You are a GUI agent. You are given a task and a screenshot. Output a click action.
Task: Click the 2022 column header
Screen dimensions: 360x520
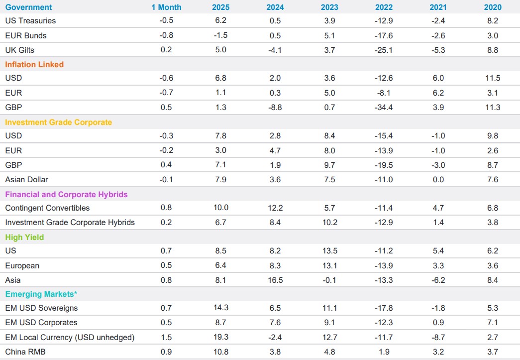tap(384, 7)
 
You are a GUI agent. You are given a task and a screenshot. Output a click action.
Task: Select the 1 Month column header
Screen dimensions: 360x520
tap(166, 7)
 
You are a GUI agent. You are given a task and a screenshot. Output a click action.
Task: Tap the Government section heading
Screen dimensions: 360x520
tap(28, 7)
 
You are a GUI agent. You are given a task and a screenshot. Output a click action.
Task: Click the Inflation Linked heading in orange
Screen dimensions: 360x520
tap(34, 64)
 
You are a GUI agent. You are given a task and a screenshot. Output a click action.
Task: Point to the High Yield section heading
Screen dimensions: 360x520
tap(24, 237)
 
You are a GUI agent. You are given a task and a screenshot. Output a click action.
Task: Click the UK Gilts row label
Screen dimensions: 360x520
tap(19, 50)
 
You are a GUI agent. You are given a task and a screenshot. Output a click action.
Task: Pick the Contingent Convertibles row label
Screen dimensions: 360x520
tap(47, 208)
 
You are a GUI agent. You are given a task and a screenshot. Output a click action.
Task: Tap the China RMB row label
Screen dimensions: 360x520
tap(25, 352)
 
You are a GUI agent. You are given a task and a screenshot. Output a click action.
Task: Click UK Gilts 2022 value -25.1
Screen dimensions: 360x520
tap(384, 50)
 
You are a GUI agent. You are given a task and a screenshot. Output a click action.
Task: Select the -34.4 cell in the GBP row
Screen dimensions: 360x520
tap(384, 107)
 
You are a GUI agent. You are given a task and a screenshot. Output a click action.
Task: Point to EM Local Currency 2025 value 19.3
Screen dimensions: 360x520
tap(220, 337)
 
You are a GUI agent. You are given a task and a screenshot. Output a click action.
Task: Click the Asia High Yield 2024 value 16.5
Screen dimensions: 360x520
tap(275, 280)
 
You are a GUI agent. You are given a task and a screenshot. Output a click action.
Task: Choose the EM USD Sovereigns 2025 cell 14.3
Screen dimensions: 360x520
tap(220, 308)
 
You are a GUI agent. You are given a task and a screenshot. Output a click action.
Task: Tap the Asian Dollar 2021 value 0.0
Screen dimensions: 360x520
tap(438, 179)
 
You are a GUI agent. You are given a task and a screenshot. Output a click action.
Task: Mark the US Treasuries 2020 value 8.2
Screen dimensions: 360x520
tap(493, 21)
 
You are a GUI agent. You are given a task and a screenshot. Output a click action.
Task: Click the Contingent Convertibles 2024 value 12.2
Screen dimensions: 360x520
tap(275, 208)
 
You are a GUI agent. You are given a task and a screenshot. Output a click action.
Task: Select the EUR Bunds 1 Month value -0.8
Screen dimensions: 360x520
tap(166, 35)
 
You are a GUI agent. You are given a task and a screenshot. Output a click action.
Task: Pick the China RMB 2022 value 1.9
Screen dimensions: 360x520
tap(384, 352)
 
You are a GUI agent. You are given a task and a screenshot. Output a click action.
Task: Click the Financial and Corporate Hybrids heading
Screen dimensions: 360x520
tap(66, 194)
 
